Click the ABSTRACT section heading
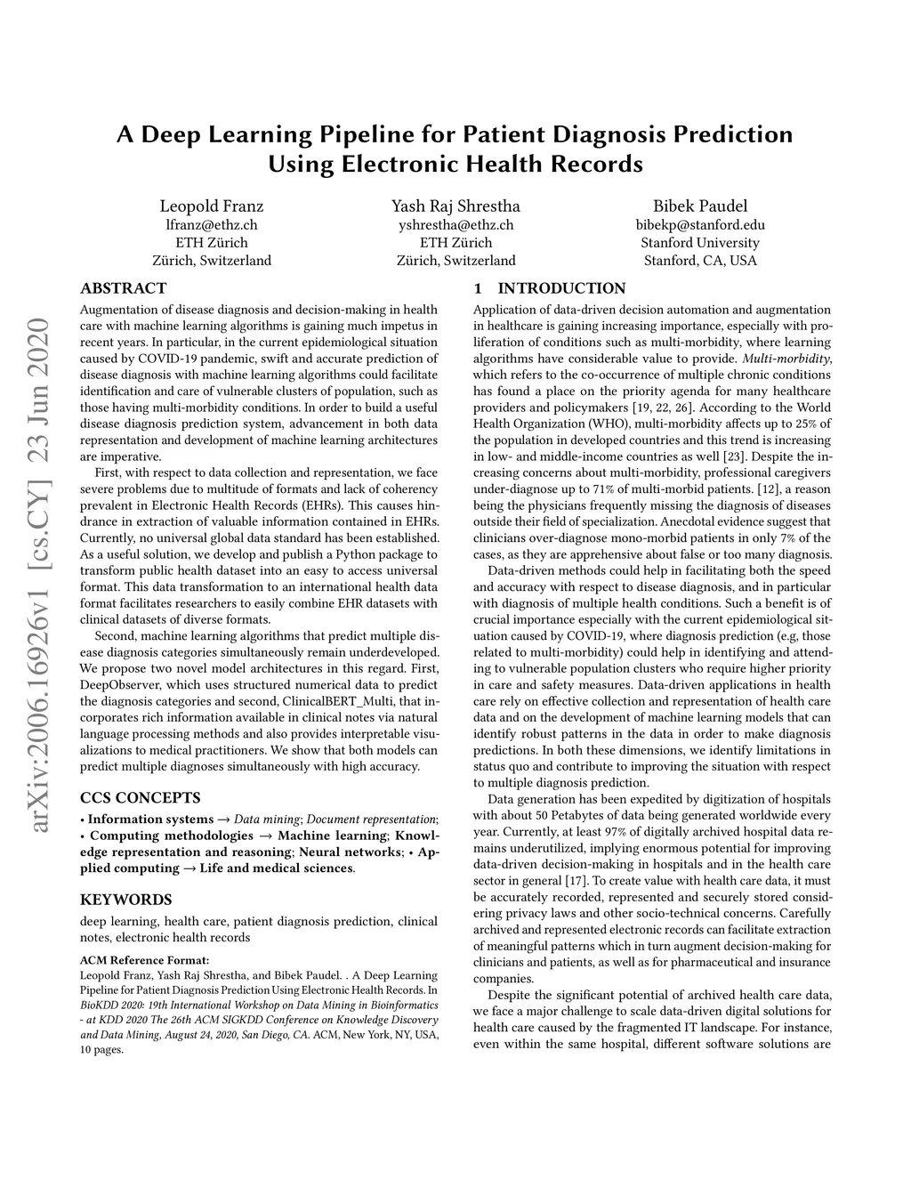click(123, 288)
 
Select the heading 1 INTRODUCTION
click(549, 288)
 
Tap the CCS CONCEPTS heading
click(140, 797)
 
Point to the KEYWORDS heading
click(125, 900)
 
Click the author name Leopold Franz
click(212, 206)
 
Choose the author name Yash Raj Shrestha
click(455, 206)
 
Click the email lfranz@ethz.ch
click(212, 225)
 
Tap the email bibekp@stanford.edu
click(700, 225)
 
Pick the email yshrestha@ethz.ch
click(455, 225)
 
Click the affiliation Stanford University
click(700, 243)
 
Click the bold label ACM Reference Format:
click(144, 960)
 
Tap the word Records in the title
click(598, 164)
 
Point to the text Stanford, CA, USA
click(700, 261)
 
